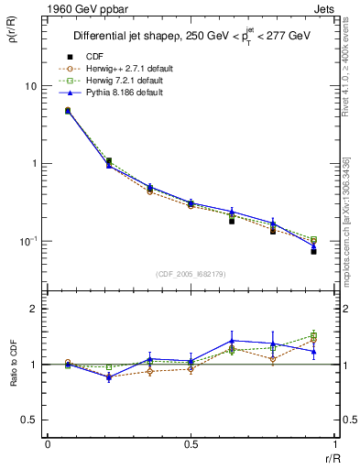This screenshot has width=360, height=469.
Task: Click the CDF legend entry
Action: click(94, 58)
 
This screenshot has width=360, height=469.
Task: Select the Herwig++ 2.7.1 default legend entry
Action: click(124, 69)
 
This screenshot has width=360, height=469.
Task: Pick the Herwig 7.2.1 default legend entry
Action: click(122, 81)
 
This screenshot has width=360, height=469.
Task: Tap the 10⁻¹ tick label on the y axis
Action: click(28, 241)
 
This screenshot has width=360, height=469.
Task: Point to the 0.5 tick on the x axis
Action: click(190, 444)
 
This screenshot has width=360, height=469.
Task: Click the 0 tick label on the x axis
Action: click(48, 444)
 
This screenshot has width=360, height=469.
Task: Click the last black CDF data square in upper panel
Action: click(313, 251)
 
